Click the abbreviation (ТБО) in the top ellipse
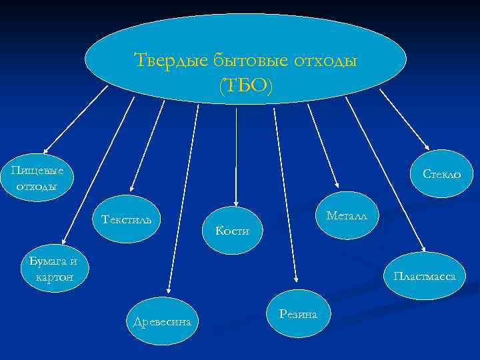tap(245, 86)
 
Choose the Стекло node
tap(441, 173)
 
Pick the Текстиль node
tap(127, 219)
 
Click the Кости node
tap(233, 231)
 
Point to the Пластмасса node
tap(425, 275)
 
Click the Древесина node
tap(162, 322)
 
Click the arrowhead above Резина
tap(295, 277)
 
